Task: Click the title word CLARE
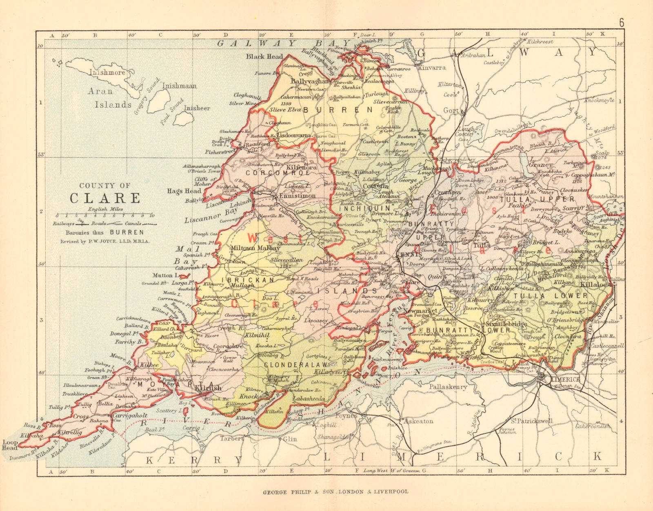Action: click(105, 198)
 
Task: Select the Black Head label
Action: click(264, 57)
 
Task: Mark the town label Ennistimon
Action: click(297, 196)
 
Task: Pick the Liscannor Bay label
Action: click(211, 215)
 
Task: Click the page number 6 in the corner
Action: click(622, 23)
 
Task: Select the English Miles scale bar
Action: click(104, 215)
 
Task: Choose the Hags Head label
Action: click(184, 191)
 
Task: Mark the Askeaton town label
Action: click(419, 421)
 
